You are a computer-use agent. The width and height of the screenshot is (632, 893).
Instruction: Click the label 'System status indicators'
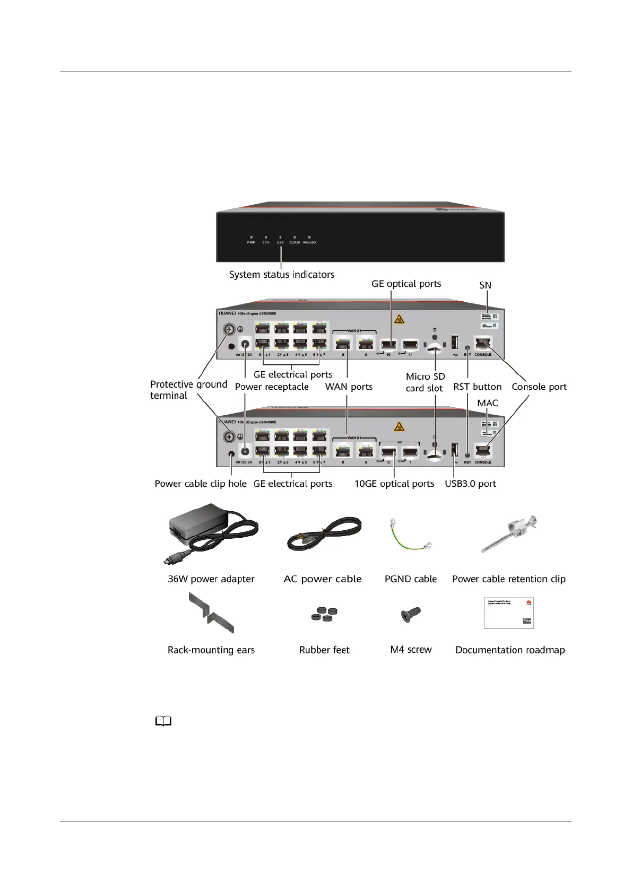click(281, 275)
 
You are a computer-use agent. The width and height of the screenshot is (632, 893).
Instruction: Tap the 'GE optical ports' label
click(406, 284)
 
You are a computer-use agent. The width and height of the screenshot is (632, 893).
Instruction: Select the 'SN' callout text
click(485, 285)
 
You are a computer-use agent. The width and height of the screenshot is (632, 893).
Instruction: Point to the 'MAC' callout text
click(487, 403)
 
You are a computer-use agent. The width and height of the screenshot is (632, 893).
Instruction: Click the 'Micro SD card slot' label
click(425, 382)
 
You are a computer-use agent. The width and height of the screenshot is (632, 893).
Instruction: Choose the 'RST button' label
click(477, 387)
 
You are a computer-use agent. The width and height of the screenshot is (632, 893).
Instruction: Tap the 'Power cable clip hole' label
click(201, 484)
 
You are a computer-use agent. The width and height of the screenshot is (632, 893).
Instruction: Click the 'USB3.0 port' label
click(470, 484)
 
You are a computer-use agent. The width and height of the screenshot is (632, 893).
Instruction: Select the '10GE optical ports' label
click(394, 484)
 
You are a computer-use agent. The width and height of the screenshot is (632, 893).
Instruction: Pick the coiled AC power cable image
click(324, 535)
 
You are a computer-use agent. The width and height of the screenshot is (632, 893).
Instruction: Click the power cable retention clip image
click(508, 533)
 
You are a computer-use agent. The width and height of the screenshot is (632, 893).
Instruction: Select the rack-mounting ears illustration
click(211, 614)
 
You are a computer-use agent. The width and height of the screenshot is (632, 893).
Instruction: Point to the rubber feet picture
click(324, 614)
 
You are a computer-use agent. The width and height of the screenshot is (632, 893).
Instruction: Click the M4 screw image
click(410, 615)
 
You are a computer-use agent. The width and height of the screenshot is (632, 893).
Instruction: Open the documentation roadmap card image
click(508, 613)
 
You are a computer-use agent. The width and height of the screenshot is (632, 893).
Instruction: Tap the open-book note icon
click(163, 721)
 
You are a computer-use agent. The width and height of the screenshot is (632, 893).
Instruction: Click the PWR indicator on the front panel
click(251, 238)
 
